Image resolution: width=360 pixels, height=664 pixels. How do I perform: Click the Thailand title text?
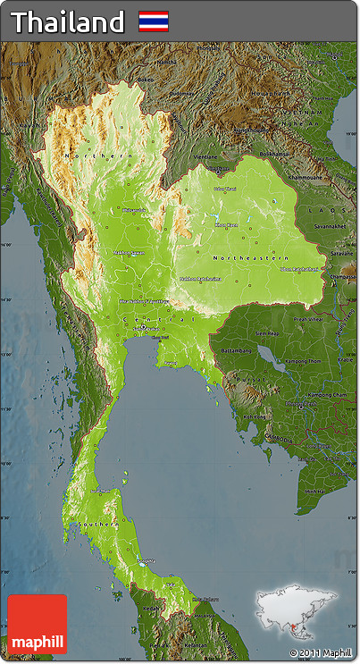(67, 21)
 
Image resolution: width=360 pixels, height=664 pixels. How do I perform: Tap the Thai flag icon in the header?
(153, 21)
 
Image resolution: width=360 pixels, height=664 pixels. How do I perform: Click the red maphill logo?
(38, 624)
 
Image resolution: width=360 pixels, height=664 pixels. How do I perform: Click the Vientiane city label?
(205, 156)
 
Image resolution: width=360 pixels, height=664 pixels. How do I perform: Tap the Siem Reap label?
(267, 333)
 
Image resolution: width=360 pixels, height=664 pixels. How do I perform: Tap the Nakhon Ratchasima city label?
(200, 278)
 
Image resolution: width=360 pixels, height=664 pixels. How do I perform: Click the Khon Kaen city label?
(227, 224)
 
